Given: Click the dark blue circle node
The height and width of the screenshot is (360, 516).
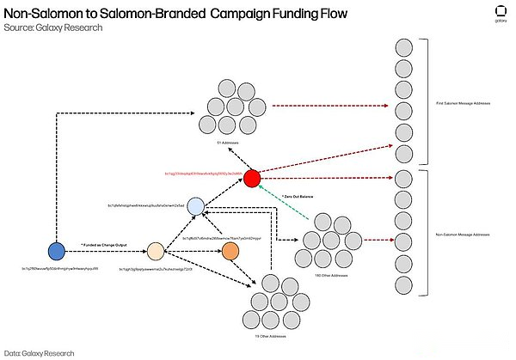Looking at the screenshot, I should tap(57, 251).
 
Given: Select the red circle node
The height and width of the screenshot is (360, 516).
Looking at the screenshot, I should tap(251, 179).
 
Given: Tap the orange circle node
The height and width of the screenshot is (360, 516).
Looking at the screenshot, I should tap(230, 251).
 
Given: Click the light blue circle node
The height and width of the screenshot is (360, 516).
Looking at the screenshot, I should tap(196, 206).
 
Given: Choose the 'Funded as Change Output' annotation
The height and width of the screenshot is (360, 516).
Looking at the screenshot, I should tap(104, 245).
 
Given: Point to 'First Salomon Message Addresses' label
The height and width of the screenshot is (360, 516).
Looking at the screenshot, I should tap(463, 103).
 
